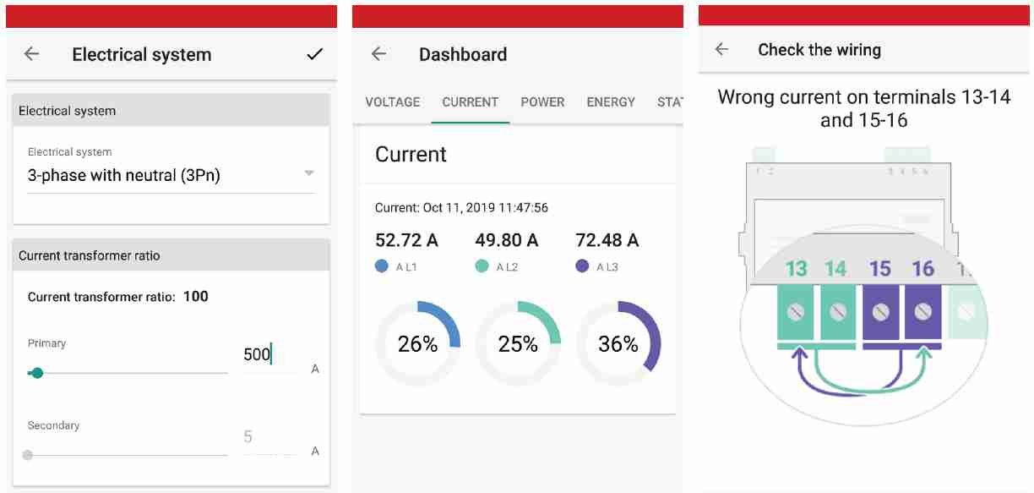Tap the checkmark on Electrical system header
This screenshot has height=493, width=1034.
(x=314, y=54)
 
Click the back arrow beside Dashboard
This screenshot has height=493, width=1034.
(x=378, y=54)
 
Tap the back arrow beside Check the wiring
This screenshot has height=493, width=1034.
(x=721, y=50)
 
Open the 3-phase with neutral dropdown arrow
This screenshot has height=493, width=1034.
(x=309, y=173)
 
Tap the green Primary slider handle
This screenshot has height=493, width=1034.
(x=36, y=372)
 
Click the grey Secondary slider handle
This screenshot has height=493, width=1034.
(x=28, y=455)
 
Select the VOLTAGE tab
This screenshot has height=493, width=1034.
(x=392, y=102)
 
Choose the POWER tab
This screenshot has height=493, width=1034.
(x=542, y=102)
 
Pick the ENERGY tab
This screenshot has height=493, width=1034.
(x=611, y=102)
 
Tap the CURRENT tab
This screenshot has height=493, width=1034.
(x=470, y=102)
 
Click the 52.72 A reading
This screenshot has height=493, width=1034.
(x=406, y=240)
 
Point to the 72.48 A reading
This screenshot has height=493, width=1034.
(x=607, y=240)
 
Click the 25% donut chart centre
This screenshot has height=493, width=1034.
(x=518, y=344)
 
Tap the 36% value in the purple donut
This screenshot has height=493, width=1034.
(x=618, y=344)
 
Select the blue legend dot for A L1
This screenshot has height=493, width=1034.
(x=382, y=266)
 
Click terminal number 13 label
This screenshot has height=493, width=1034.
(x=796, y=269)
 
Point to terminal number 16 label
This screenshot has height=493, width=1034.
(x=922, y=269)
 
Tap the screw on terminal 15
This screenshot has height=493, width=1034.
(x=880, y=312)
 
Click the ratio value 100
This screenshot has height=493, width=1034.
(x=195, y=296)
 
